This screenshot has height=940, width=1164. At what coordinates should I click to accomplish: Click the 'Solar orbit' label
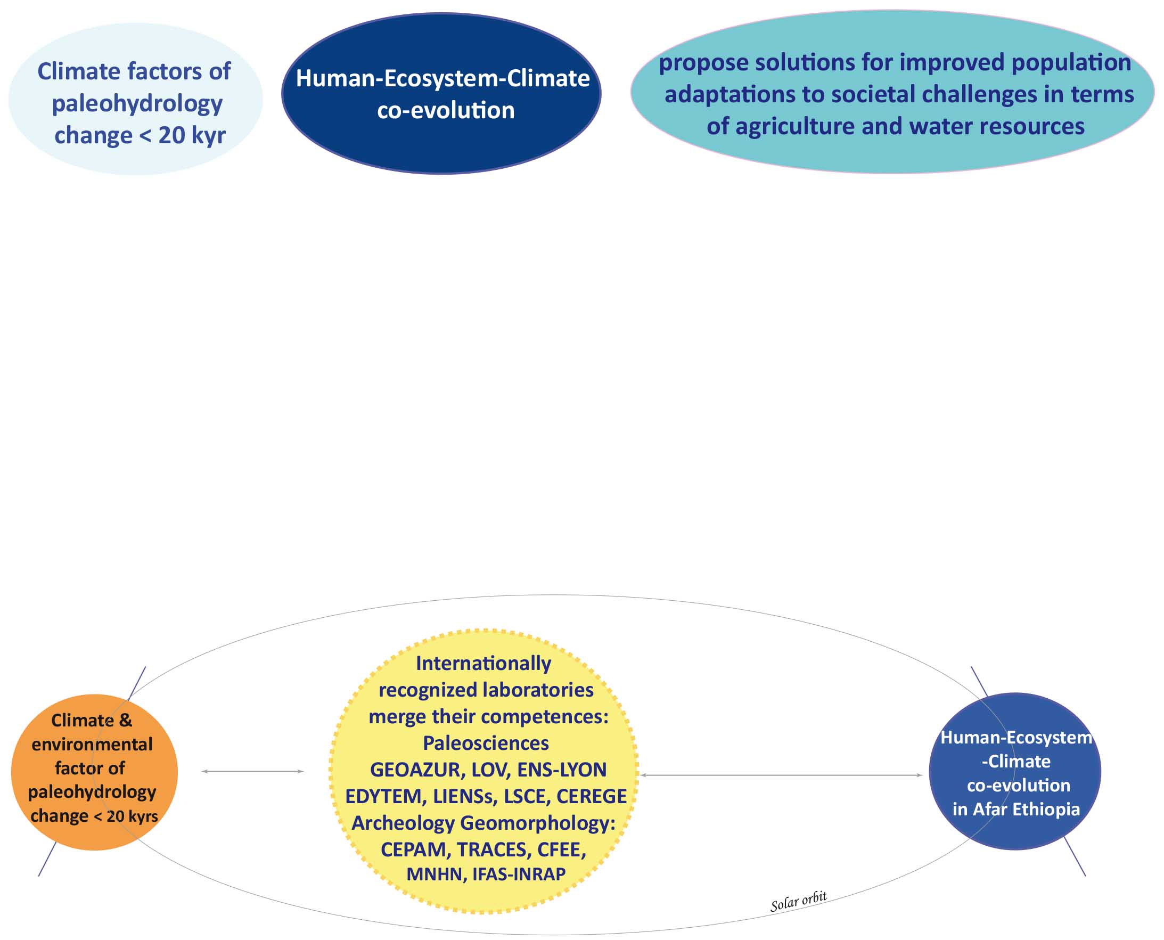[799, 902]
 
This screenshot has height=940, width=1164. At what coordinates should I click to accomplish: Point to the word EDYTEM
[383, 797]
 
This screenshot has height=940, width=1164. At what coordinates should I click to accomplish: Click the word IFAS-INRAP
[519, 874]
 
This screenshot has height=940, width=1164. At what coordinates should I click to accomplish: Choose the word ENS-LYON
[562, 770]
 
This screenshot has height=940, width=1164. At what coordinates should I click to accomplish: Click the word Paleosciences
[486, 743]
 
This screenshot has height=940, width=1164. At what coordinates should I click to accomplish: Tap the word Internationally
[483, 664]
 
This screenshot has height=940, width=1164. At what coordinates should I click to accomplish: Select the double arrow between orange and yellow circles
[252, 771]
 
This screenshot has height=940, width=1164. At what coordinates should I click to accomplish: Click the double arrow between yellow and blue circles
[781, 775]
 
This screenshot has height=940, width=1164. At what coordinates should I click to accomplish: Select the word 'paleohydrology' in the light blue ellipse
[137, 104]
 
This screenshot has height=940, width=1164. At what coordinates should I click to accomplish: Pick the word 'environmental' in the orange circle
[92, 745]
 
